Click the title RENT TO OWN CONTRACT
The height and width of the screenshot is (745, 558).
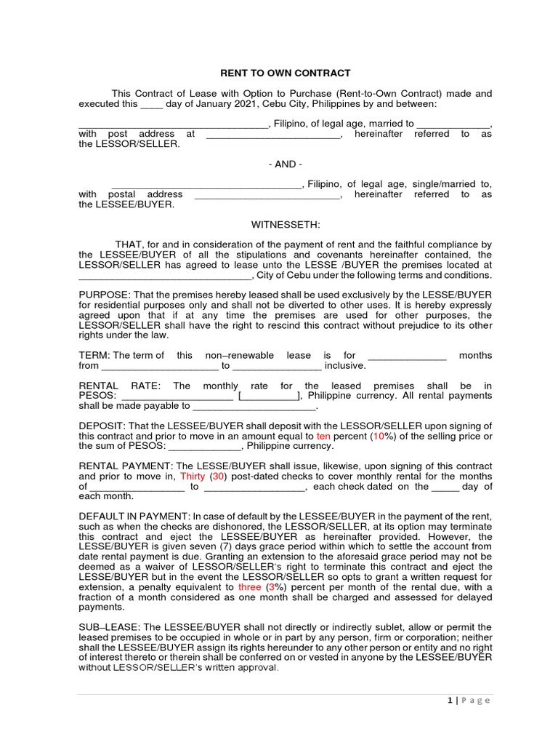pos(286,73)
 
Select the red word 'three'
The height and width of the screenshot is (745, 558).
pos(250,586)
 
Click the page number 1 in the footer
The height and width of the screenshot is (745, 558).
pos(450,701)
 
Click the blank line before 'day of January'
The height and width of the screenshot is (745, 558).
pos(151,104)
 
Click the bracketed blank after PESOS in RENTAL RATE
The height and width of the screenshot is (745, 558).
pos(268,396)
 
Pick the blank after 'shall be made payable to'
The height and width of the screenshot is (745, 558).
pos(255,407)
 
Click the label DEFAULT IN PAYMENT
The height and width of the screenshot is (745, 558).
pos(134,516)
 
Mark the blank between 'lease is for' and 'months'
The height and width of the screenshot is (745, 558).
pos(407,356)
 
